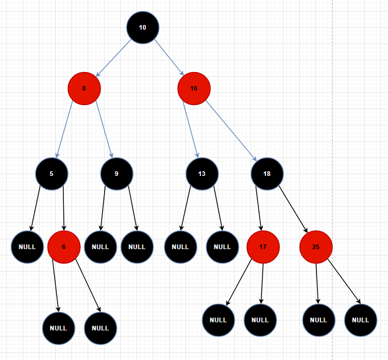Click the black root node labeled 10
[143, 27]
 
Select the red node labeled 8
[84, 89]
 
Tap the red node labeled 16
[194, 89]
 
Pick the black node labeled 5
[52, 173]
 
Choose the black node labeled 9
[117, 173]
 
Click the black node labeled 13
[202, 173]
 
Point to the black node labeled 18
[267, 173]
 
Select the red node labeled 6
[63, 247]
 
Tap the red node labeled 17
[263, 247]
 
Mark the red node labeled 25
[316, 247]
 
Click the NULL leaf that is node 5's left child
[27, 247]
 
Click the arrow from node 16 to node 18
[231, 131]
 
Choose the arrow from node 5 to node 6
[63, 209]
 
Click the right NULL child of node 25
[360, 320]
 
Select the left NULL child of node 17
[218, 320]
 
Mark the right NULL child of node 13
[222, 247]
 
